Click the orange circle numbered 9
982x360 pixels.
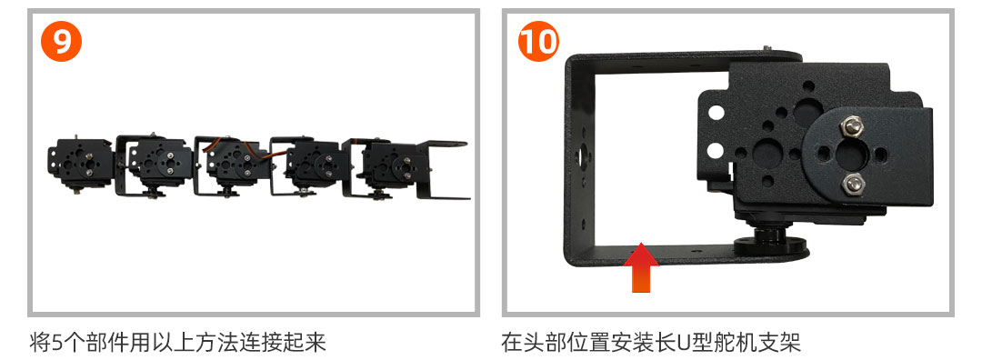tap(62, 41)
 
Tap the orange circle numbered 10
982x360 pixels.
tap(538, 41)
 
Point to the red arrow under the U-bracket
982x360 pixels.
tap(641, 267)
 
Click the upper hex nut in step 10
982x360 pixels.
tap(852, 126)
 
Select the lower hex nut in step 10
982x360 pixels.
tap(852, 184)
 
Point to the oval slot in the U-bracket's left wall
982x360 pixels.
tap(583, 155)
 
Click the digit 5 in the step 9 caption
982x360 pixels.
tap(57, 343)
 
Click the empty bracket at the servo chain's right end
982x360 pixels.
tap(442, 170)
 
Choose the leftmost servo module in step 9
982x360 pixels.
tap(79, 163)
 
